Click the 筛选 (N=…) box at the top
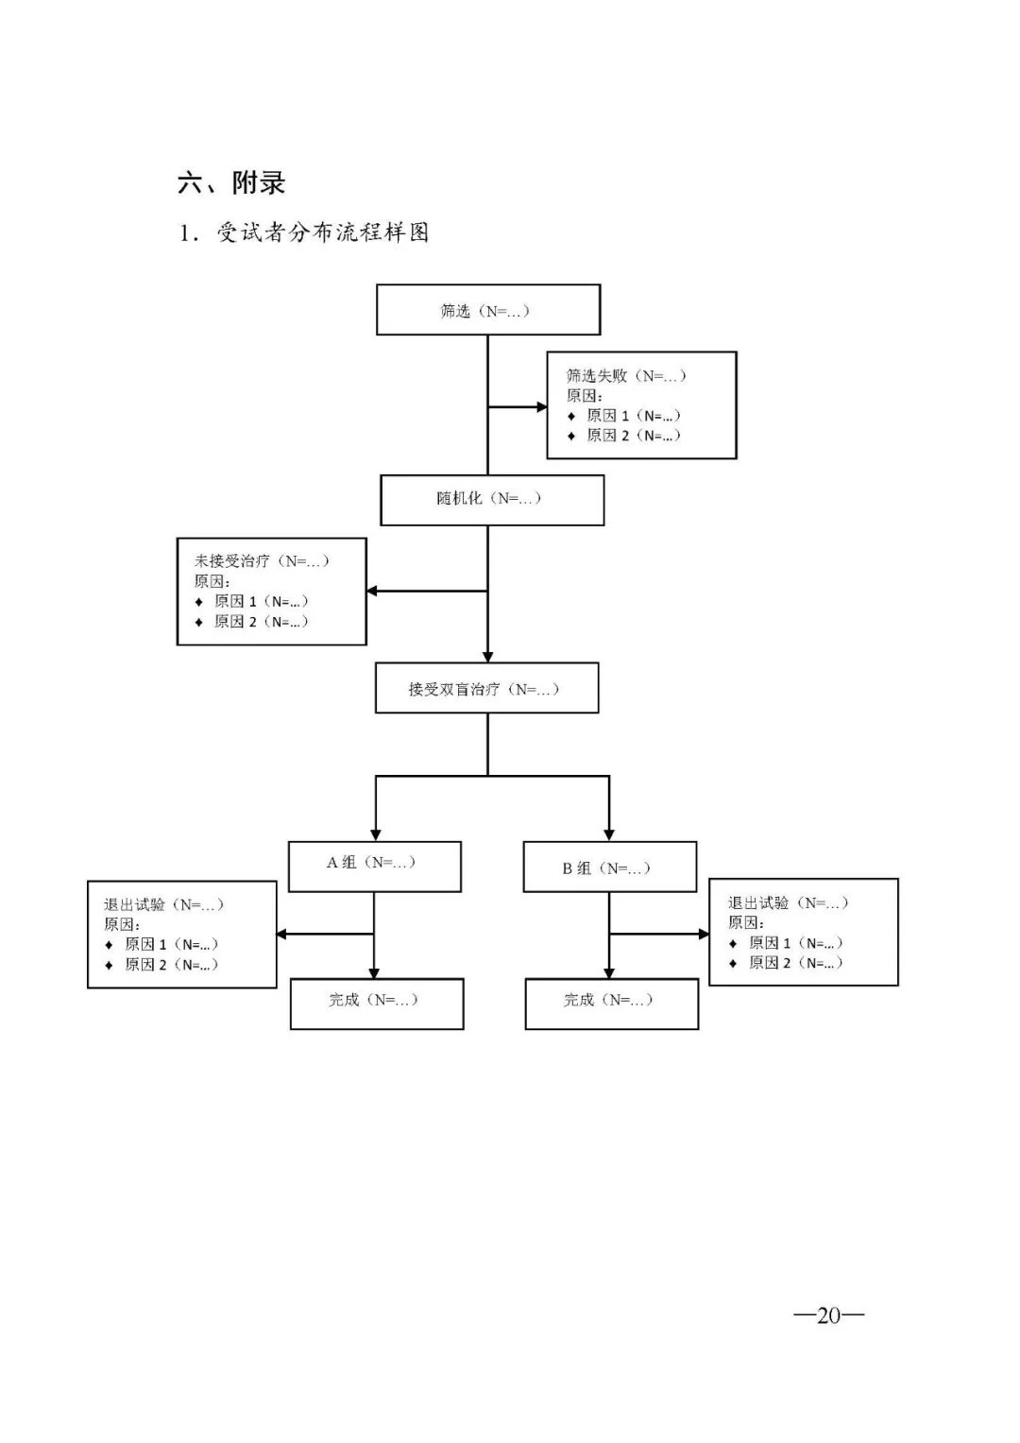[x=487, y=310]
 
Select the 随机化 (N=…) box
[x=491, y=499]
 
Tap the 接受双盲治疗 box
[x=486, y=689]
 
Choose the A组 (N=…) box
[x=374, y=866]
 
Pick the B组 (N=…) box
[x=609, y=868]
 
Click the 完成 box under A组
[x=376, y=1003]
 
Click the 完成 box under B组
[x=611, y=1003]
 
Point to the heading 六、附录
[x=231, y=182]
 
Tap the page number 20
[x=828, y=1315]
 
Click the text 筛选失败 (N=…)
[x=625, y=375]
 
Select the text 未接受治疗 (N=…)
[x=262, y=560]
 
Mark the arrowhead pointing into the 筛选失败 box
[x=542, y=407]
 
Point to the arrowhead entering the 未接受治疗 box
[x=372, y=591]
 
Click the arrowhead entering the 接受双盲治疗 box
[x=487, y=656]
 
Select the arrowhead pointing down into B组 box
[x=609, y=834]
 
